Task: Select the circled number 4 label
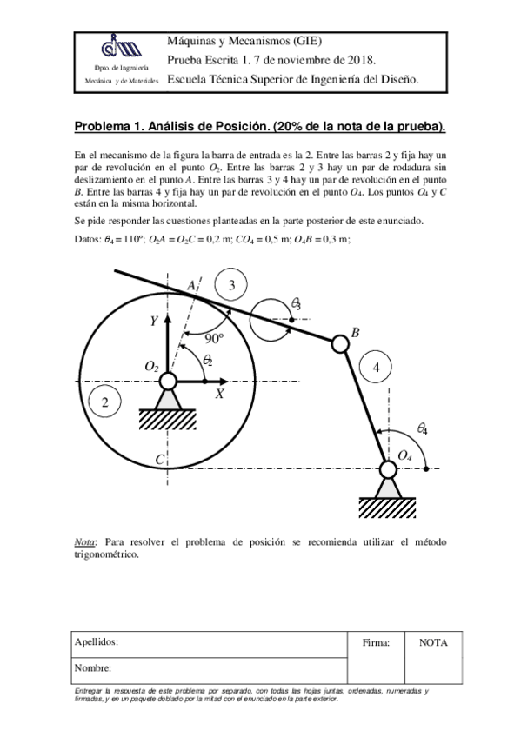(x=376, y=368)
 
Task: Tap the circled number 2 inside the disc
(x=105, y=402)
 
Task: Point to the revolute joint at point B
(x=340, y=344)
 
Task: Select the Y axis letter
(x=154, y=322)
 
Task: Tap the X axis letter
(x=220, y=394)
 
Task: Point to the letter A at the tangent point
(x=191, y=286)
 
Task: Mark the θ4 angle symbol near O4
(x=422, y=428)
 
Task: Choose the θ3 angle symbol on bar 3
(x=296, y=303)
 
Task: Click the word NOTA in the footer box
(x=433, y=642)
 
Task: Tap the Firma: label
(x=376, y=642)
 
